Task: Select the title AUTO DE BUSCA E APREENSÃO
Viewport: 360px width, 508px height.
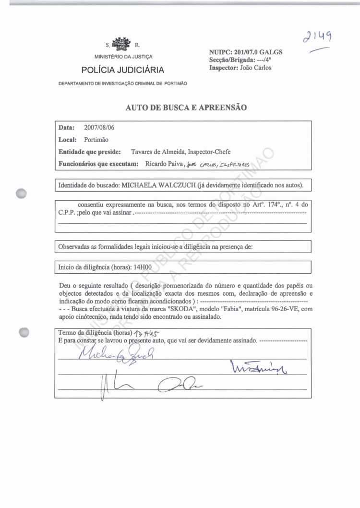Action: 186,108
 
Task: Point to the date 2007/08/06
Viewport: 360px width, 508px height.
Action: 99,128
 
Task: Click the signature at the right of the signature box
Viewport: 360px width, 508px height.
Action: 258,368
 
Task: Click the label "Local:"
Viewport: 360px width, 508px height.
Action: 68,140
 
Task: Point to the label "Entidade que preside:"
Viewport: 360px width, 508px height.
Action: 89,152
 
